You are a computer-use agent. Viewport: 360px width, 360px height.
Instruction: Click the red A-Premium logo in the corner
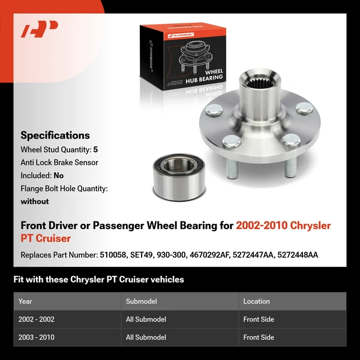(x=40, y=29)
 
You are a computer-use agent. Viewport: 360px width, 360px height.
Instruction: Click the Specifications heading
(x=55, y=136)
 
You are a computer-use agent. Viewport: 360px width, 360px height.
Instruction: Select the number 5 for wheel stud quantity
(x=96, y=149)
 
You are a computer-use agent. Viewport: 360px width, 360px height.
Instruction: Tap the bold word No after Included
(x=58, y=176)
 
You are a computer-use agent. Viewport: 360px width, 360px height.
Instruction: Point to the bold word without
(x=35, y=202)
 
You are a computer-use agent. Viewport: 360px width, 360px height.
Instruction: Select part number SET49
(x=141, y=255)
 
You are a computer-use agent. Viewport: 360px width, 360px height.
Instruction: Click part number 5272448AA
(x=296, y=255)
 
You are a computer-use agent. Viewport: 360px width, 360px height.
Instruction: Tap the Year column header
(x=25, y=301)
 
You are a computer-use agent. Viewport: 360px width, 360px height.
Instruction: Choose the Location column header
(x=257, y=301)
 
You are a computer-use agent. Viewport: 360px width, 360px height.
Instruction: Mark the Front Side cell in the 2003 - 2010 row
(x=259, y=337)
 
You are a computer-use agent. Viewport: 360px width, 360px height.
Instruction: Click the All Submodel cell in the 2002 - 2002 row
(x=146, y=319)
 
